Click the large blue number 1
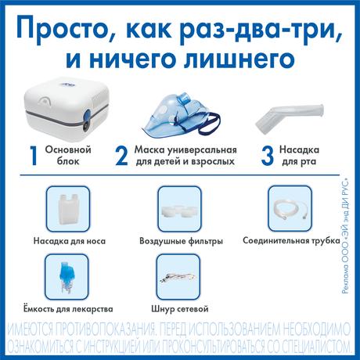tap(34, 156)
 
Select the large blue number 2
tap(121, 156)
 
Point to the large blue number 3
tap(267, 156)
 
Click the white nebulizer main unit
tap(67, 109)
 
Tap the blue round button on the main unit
tap(87, 116)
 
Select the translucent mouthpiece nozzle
tap(289, 117)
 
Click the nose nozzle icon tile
tap(68, 209)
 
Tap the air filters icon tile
tap(179, 209)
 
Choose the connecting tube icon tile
tap(290, 209)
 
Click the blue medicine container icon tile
tap(67, 277)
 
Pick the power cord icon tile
tap(178, 277)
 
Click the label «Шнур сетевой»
tap(180, 309)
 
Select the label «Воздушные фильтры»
tap(181, 241)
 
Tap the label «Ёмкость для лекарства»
tap(68, 309)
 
